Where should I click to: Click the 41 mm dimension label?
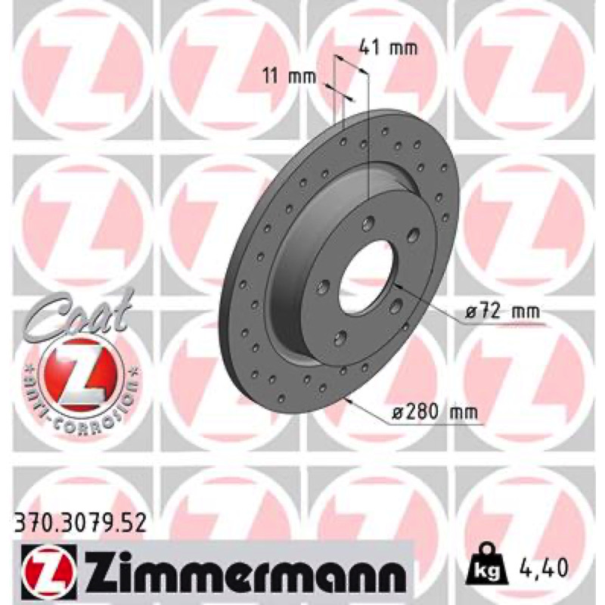pos(388,48)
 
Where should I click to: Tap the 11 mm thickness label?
pos(290,76)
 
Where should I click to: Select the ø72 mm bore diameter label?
pos(502,312)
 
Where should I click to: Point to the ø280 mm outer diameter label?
pos(434,413)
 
